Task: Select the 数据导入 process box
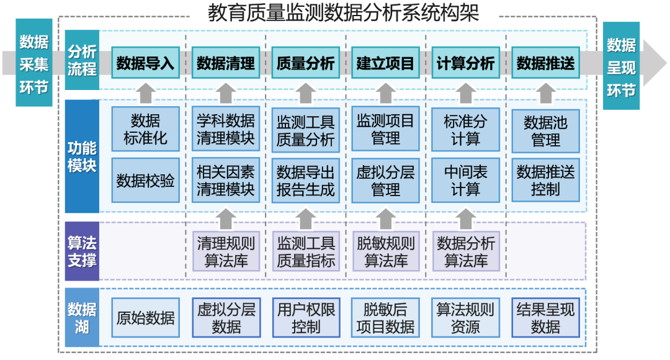[x=145, y=63]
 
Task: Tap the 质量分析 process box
[x=305, y=63]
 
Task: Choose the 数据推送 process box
[x=545, y=63]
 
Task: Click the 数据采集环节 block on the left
[x=33, y=63]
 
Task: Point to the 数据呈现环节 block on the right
[x=621, y=66]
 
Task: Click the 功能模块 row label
[x=82, y=156]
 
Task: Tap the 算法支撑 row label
[x=82, y=251]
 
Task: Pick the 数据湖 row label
[x=82, y=317]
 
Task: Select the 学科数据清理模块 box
[x=225, y=129]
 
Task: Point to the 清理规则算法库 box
[x=225, y=251]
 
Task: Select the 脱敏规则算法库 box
[x=385, y=251]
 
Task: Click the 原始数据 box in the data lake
[x=145, y=318]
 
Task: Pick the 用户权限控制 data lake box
[x=305, y=318]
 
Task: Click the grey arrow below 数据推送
[x=545, y=93]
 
